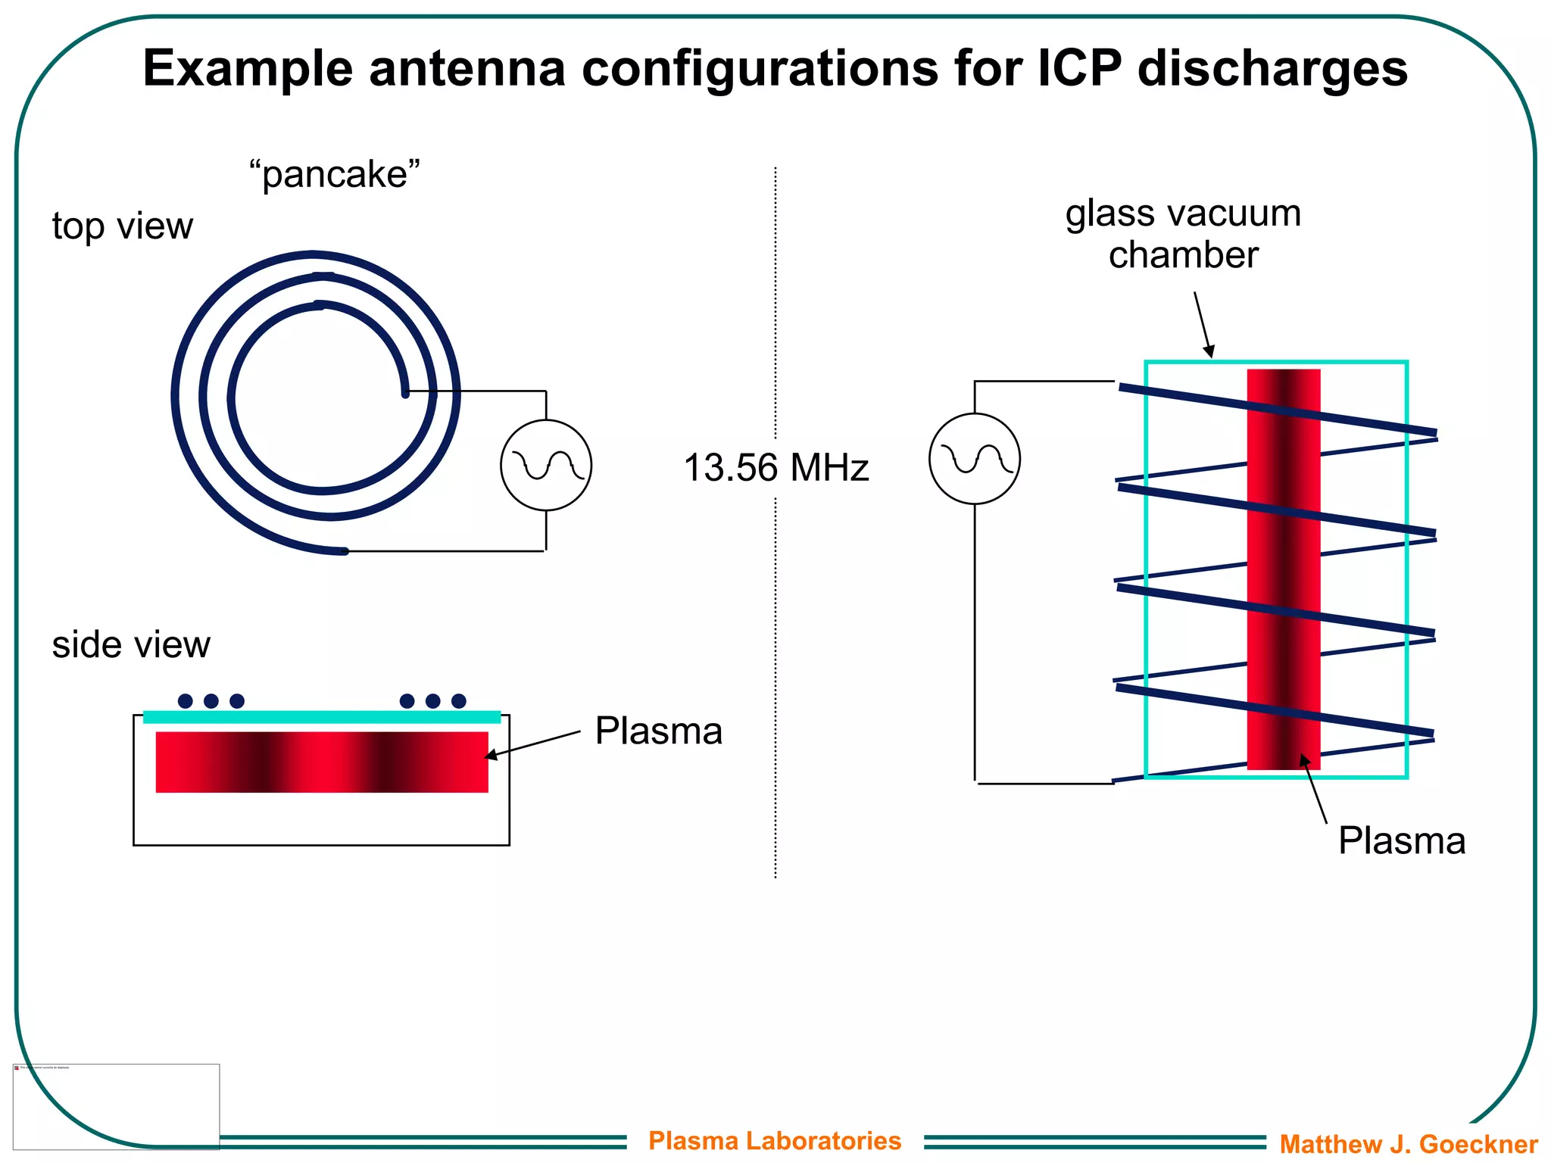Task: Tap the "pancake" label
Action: click(x=334, y=174)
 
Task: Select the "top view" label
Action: click(x=122, y=226)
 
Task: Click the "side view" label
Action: click(x=131, y=644)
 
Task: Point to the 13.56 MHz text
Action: click(x=775, y=467)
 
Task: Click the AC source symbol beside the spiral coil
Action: click(x=546, y=465)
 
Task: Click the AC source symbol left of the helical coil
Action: click(x=975, y=458)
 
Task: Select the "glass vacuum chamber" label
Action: click(x=1183, y=233)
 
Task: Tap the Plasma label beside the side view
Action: click(x=658, y=731)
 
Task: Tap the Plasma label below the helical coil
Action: click(x=1401, y=840)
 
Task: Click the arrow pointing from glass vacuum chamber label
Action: click(x=1203, y=324)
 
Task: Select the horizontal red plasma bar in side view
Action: click(x=322, y=762)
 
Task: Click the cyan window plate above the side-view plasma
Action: click(x=322, y=717)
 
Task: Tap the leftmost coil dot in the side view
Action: click(x=185, y=700)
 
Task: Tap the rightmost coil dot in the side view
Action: click(x=459, y=700)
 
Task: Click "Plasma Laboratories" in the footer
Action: click(x=775, y=1140)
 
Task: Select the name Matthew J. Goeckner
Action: click(x=1409, y=1143)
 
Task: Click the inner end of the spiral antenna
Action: click(x=405, y=393)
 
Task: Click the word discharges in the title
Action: click(x=1272, y=68)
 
